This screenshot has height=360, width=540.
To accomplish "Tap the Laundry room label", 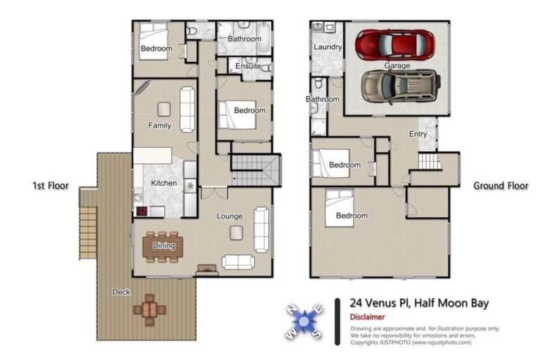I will coord(328,47).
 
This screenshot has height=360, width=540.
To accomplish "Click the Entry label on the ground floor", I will coord(418,134).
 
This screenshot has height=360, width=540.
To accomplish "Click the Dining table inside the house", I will coord(163,246).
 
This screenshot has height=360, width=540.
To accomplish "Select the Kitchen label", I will coord(164,184).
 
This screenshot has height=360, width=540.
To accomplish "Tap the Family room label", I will coord(160,126).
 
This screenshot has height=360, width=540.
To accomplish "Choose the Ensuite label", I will coord(247,67).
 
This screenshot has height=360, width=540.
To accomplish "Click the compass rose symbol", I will coord(304,321).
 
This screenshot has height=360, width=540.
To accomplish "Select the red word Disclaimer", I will coord(367,317).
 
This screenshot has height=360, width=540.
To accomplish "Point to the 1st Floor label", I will coord(50,186).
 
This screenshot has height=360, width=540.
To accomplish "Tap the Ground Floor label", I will coord(499,186).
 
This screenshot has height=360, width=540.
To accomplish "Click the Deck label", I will coord(121,292).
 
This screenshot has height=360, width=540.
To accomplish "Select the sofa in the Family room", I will coord(187,109).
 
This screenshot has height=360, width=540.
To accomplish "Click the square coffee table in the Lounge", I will coord(236,232).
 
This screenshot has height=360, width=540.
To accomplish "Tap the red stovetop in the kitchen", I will coord(141,210).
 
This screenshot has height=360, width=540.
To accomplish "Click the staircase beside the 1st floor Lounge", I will coord(255,169).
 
